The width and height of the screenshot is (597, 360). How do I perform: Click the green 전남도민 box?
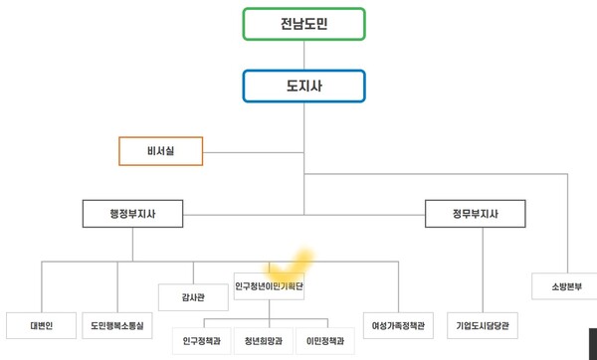tap(303, 24)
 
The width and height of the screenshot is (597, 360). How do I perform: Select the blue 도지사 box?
tap(303, 86)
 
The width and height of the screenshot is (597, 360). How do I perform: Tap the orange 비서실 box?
tap(160, 151)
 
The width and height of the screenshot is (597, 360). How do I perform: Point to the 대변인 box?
tap(41, 325)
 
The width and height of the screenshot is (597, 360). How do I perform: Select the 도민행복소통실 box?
tap(118, 325)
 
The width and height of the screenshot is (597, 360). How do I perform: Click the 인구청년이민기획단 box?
tap(270, 287)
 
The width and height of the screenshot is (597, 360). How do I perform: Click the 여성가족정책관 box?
tap(398, 325)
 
